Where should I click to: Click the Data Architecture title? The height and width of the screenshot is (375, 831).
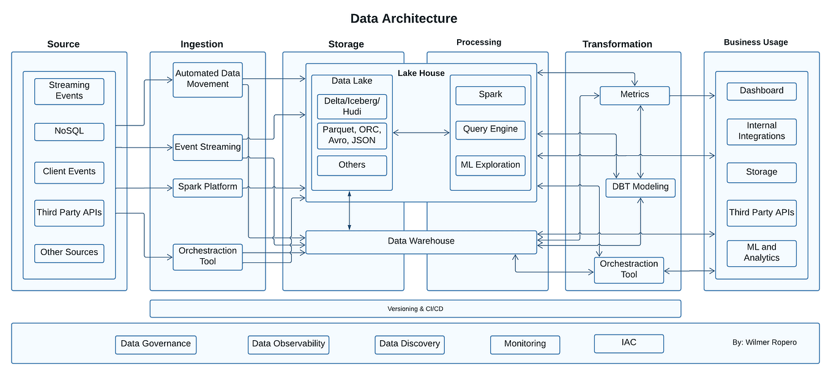tap(403, 18)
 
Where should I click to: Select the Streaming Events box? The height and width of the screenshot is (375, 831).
tap(69, 91)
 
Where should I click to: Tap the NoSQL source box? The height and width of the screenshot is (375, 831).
tap(69, 132)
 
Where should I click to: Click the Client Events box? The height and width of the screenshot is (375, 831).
tap(69, 172)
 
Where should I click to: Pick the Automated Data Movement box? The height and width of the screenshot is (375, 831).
tap(207, 79)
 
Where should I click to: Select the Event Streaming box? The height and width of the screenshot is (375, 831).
tap(207, 147)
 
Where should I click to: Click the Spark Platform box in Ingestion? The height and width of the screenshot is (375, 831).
tap(207, 187)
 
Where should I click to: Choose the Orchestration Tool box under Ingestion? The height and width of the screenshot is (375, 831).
tap(207, 256)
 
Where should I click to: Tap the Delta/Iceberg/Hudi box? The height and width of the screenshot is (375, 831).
tap(352, 106)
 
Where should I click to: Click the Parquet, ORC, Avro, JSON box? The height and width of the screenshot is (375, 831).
tap(352, 135)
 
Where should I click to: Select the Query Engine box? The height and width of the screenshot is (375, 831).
tap(490, 130)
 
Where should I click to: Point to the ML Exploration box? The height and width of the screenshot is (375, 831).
tap(490, 165)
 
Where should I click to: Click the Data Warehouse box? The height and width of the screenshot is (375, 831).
tap(421, 242)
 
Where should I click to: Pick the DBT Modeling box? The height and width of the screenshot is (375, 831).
tap(640, 187)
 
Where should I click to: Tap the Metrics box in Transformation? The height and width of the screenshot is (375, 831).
tap(635, 95)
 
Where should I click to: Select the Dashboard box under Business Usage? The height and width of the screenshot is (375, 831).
tap(761, 91)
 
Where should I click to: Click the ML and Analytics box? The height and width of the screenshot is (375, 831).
tap(761, 253)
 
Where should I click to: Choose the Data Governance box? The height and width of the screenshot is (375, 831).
tap(156, 344)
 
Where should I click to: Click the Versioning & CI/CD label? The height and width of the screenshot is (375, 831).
tap(415, 309)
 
